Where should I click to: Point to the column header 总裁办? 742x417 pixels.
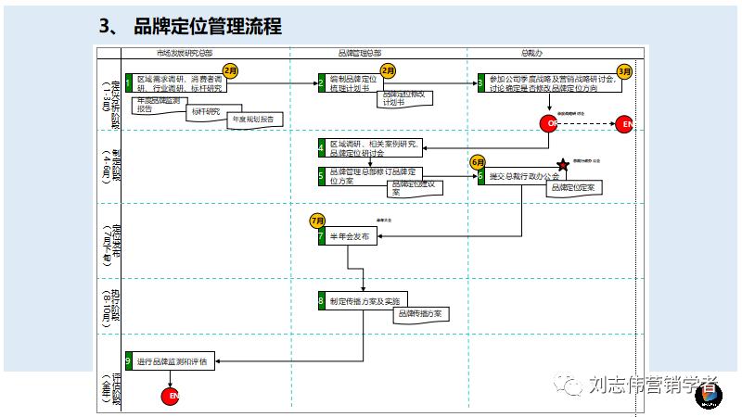coord(531,55)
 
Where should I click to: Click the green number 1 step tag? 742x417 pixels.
coord(129,83)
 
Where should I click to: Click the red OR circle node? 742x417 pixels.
coord(551,123)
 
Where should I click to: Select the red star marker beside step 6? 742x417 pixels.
coord(562,164)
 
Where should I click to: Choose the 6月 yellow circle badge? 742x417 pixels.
coord(479,161)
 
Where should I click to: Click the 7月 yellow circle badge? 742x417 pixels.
coord(319,221)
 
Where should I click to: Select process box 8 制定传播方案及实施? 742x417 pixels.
coord(365,301)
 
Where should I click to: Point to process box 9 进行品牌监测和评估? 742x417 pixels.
coord(171,360)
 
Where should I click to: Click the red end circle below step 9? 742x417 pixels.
coord(171,397)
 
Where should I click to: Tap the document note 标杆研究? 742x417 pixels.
coord(207,112)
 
